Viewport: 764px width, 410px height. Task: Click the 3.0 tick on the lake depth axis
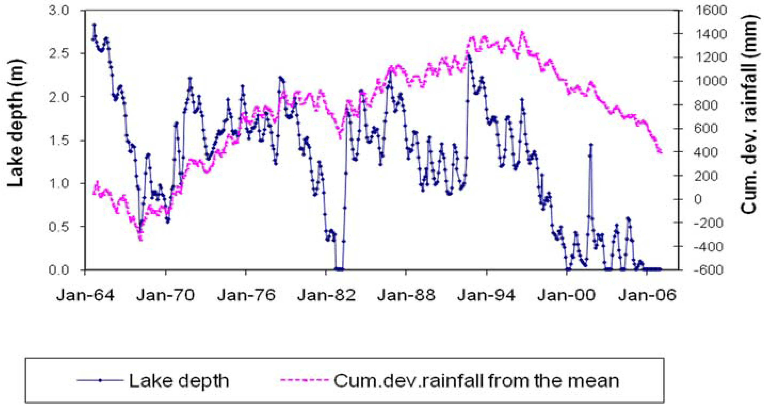(58, 11)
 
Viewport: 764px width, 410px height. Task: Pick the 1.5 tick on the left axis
(58, 140)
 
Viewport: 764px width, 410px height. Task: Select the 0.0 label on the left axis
(58, 270)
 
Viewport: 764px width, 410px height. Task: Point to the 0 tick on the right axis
(698, 199)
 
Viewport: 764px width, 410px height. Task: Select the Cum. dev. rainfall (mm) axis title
(751, 114)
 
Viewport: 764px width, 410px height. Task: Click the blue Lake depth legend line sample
(100, 380)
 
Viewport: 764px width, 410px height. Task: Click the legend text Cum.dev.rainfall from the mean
(476, 380)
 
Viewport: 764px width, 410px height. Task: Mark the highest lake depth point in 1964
(94, 25)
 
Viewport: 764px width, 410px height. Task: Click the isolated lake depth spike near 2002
(591, 145)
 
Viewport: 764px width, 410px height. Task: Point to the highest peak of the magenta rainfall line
(523, 32)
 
